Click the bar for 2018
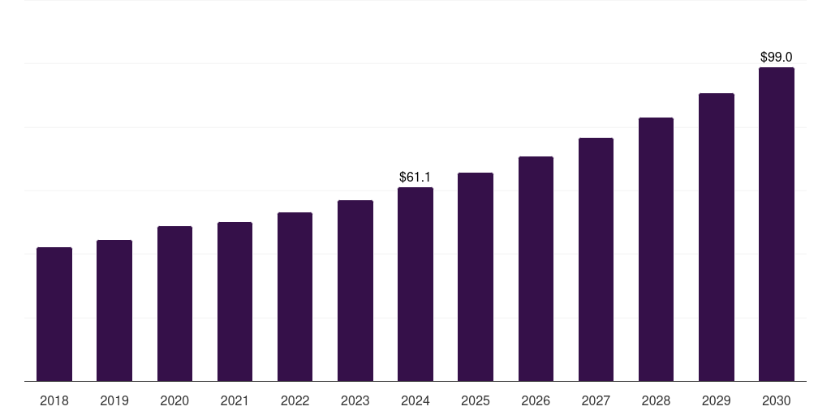coord(54,314)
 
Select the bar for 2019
coord(114,310)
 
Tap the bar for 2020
coord(174,304)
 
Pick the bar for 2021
coord(235,302)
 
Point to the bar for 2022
coord(295,297)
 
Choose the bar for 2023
coord(355,291)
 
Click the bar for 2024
coord(415,285)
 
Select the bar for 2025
coord(476,277)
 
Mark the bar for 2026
coord(536,269)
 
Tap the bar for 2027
coord(596,259)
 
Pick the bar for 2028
coord(656,250)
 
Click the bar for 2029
coord(716,237)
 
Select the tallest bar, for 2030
coord(777,225)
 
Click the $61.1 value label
coord(415,177)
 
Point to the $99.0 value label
coord(776,57)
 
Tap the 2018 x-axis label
coord(54,400)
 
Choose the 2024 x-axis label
coord(415,400)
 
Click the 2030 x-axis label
coord(777,400)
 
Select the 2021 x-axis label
coord(235,400)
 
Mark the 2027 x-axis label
coord(596,400)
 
